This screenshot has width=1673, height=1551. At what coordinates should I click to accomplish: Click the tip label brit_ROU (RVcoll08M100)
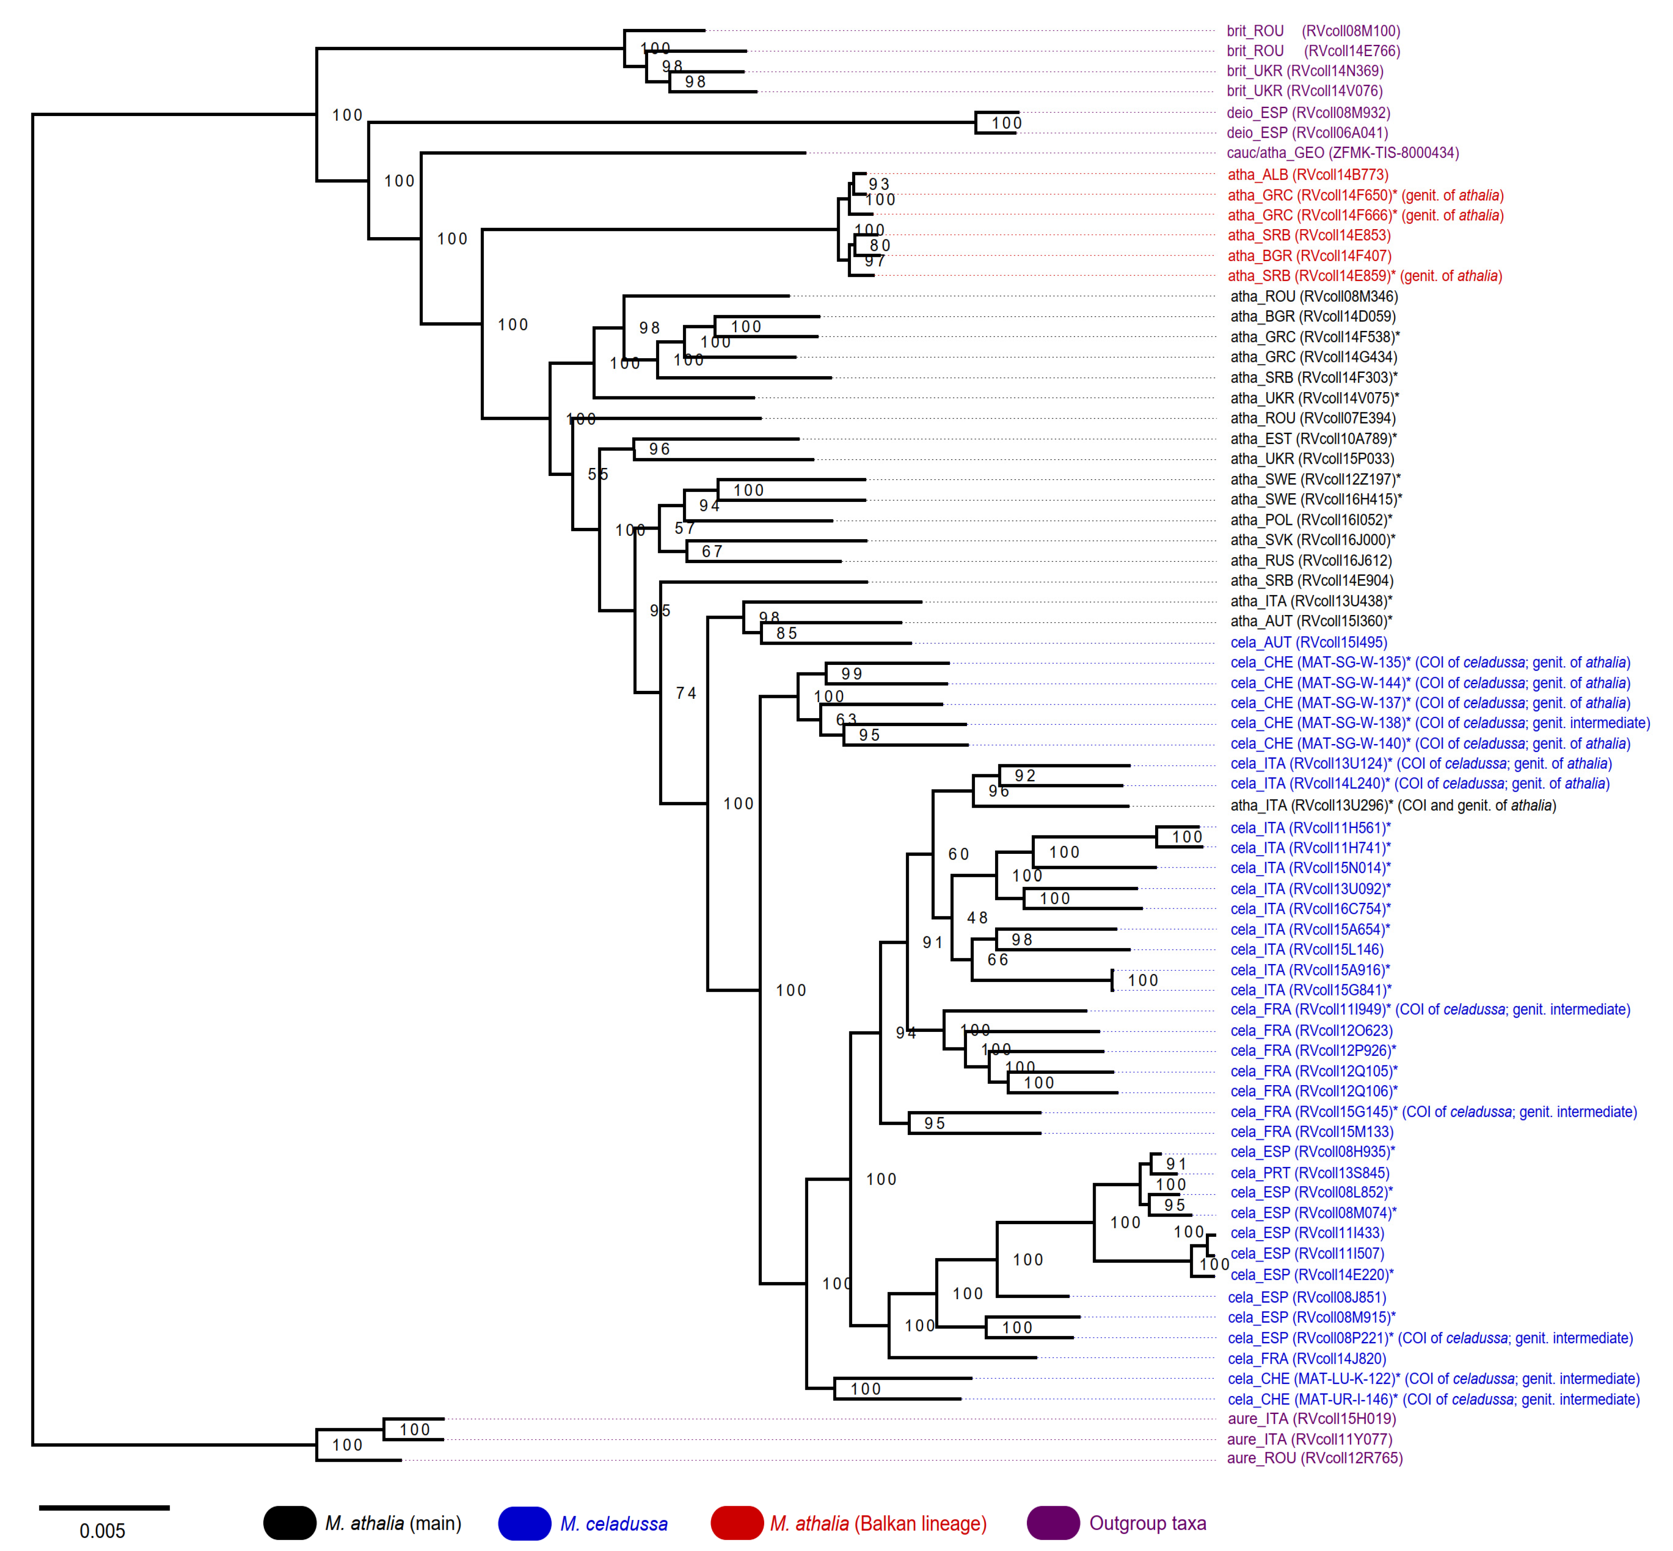click(x=1313, y=31)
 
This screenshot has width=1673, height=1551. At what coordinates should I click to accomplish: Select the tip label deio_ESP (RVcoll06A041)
click(x=1307, y=133)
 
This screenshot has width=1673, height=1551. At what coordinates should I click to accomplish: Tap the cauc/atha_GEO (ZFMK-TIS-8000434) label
click(x=1342, y=153)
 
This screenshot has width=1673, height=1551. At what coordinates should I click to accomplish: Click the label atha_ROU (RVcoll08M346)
click(x=1314, y=296)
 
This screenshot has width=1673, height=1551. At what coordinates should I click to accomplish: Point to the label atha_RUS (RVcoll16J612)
click(x=1310, y=561)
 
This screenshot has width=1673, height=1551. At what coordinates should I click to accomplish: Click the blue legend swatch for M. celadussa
click(x=525, y=1523)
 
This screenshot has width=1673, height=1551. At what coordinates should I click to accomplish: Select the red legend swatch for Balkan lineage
click(x=736, y=1523)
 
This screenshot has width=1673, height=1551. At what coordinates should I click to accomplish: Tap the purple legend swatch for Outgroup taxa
click(x=1052, y=1523)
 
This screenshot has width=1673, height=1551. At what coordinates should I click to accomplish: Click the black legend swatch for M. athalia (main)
click(x=290, y=1523)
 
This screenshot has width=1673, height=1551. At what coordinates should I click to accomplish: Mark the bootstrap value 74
click(x=686, y=693)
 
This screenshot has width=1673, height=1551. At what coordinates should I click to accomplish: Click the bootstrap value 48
click(x=977, y=918)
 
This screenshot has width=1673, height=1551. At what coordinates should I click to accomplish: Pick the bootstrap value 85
click(x=786, y=633)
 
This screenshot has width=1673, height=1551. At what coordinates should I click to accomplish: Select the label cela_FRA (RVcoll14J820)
click(x=1307, y=1358)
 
